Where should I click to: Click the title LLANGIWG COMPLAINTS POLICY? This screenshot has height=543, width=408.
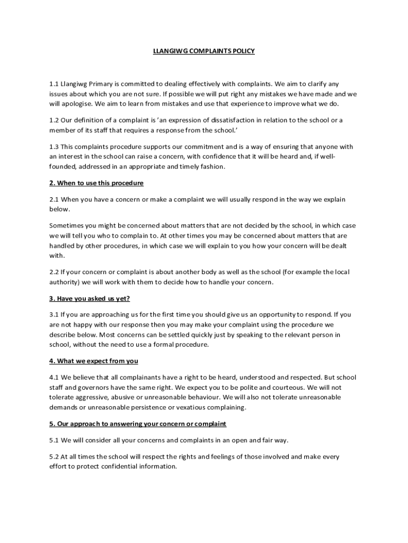(204, 51)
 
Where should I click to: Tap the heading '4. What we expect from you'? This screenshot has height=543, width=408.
(93, 361)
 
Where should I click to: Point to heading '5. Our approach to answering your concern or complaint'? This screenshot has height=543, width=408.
(138, 424)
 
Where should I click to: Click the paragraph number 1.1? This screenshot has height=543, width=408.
(54, 84)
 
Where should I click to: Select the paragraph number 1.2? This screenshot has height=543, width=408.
(54, 120)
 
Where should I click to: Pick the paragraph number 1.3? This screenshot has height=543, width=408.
(54, 146)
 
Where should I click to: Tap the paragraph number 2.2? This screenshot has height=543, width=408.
(54, 272)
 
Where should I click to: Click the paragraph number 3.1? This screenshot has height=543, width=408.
(54, 314)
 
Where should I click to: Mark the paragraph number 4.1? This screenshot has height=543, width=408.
(54, 378)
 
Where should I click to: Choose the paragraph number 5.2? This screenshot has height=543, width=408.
(54, 457)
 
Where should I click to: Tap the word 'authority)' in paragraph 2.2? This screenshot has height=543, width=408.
(66, 282)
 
